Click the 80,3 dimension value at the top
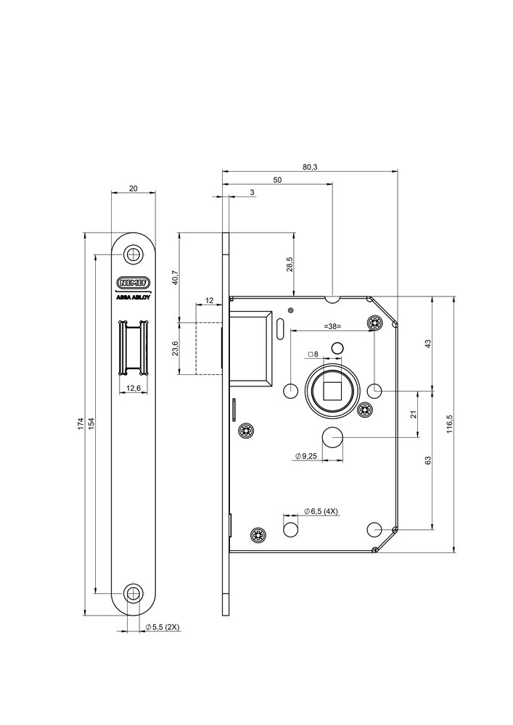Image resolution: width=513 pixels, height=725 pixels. (x=310, y=167)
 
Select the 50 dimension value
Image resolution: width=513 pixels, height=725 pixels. (x=278, y=179)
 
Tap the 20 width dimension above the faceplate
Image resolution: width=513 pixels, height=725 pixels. (x=134, y=188)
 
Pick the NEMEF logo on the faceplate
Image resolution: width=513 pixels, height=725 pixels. (x=134, y=282)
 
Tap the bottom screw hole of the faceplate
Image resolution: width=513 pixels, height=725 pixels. (x=134, y=593)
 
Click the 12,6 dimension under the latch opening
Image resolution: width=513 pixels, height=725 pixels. (x=134, y=389)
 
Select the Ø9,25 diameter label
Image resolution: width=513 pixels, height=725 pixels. (x=307, y=455)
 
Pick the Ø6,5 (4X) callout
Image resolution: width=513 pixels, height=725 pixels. (x=321, y=511)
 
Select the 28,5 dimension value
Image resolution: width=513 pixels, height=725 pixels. (x=289, y=264)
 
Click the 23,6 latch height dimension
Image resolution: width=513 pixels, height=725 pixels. (x=174, y=349)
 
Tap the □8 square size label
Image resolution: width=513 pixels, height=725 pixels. (x=313, y=355)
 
